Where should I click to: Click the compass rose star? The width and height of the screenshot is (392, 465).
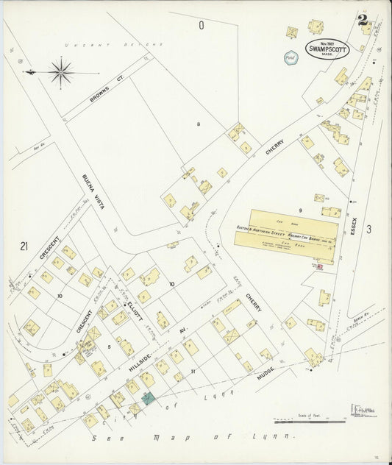[x=60, y=71]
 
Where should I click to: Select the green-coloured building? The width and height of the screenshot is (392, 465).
[x=149, y=398]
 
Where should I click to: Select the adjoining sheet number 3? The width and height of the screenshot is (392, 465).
[x=368, y=230]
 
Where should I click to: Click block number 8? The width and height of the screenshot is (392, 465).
[x=198, y=124]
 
